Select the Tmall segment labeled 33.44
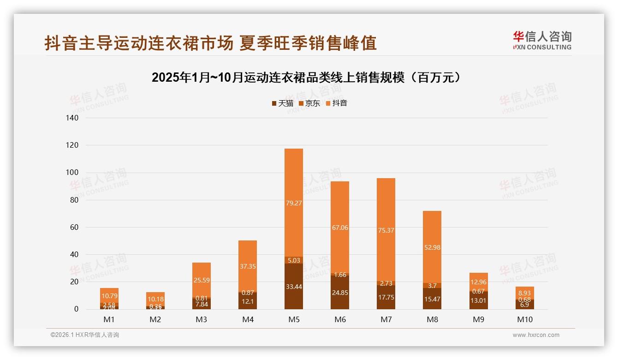294,287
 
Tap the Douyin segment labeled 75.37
386,230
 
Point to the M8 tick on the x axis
432,319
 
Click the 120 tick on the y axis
73,145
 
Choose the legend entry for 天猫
282,103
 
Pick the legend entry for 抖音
336,103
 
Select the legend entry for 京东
309,103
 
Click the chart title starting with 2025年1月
306,78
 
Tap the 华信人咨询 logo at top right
542,40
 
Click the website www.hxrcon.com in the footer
536,335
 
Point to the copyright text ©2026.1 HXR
85,335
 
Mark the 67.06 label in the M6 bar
340,228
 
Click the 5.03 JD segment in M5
294,260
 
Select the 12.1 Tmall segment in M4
248,301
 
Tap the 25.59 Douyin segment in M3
202,280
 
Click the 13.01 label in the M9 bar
478,300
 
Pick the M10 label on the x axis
524,319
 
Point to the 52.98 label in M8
432,247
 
